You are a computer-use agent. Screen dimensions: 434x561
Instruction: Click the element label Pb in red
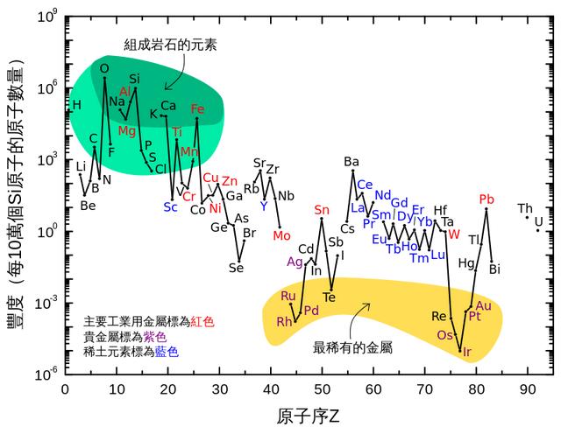point(487,199)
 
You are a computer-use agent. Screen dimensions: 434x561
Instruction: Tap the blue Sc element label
point(170,207)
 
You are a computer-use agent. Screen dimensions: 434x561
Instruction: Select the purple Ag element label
point(295,261)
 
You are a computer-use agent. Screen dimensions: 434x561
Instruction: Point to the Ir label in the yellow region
point(466,353)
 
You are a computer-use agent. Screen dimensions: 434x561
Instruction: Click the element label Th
point(525,208)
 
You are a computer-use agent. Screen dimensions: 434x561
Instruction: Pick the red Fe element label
point(197,109)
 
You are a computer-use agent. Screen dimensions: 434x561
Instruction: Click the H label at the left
point(76,105)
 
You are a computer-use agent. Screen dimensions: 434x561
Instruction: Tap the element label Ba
point(352,162)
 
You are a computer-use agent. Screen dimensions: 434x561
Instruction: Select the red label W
point(453,234)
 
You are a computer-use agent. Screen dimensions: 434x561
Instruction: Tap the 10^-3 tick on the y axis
point(46,303)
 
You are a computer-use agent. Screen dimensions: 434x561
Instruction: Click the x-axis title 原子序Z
point(297,412)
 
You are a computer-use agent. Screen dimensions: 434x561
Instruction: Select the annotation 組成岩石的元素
point(158,39)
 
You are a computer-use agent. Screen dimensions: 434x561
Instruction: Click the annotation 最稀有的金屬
point(352,347)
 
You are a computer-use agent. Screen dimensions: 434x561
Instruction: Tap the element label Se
point(236,267)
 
